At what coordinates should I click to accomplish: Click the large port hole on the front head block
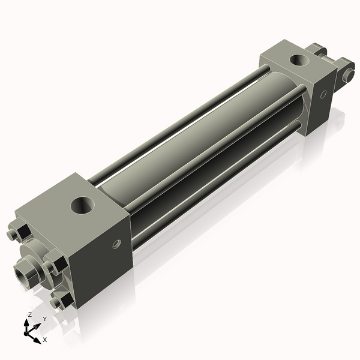(x=83, y=206)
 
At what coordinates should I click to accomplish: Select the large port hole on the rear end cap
(x=298, y=60)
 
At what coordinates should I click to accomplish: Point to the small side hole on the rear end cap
(x=323, y=94)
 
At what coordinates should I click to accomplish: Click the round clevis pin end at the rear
(x=347, y=75)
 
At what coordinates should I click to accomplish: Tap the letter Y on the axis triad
(x=44, y=319)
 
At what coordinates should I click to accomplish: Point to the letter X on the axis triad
(x=44, y=340)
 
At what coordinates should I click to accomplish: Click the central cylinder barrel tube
(x=180, y=144)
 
